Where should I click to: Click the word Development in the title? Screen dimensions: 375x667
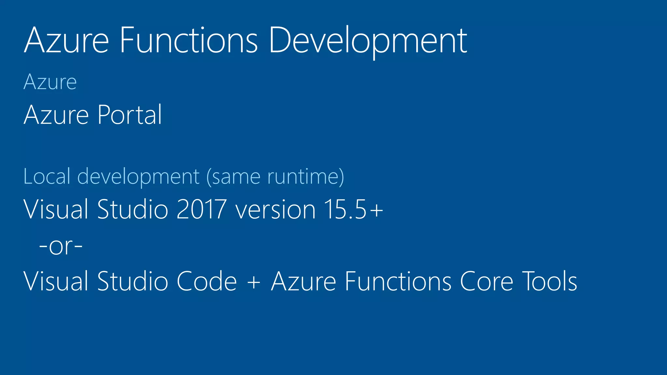pyautogui.click(x=368, y=41)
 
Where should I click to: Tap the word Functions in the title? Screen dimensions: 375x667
pyautogui.click(x=189, y=41)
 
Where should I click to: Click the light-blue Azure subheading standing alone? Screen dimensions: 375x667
pyautogui.click(x=50, y=82)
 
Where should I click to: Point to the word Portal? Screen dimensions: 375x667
pyautogui.click(x=130, y=115)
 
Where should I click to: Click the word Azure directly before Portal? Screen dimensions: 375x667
pyautogui.click(x=56, y=115)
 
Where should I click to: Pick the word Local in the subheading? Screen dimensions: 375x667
pyautogui.click(x=47, y=176)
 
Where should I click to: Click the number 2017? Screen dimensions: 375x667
pyautogui.click(x=201, y=209)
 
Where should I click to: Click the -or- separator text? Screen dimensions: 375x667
pyautogui.click(x=61, y=246)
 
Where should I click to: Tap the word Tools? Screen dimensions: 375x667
pyautogui.click(x=550, y=281)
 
